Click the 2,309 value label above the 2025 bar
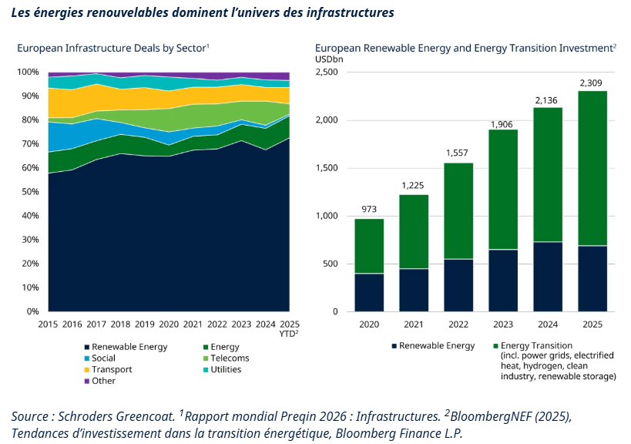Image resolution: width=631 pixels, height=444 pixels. [591, 83]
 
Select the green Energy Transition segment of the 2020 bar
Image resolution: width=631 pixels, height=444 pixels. [369, 246]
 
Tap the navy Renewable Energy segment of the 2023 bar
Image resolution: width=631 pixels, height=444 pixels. [503, 281]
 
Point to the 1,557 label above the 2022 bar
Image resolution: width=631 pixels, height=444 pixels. [457, 153]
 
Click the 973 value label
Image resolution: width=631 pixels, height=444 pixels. [369, 210]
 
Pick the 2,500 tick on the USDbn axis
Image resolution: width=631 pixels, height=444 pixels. [327, 72]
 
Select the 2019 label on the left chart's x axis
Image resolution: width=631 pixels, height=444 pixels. [145, 324]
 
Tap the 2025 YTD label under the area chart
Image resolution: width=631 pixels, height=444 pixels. [290, 328]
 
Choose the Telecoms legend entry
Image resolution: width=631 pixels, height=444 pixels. [227, 358]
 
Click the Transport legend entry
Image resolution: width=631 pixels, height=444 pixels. [108, 369]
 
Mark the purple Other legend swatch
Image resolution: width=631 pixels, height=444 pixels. [86, 382]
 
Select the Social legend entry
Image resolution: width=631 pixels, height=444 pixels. [100, 358]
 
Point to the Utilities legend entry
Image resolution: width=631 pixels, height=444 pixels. [222, 369]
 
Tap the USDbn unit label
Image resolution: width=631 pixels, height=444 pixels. [329, 59]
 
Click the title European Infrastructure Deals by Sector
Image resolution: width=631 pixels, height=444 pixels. [112, 49]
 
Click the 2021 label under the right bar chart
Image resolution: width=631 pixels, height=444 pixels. [414, 325]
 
